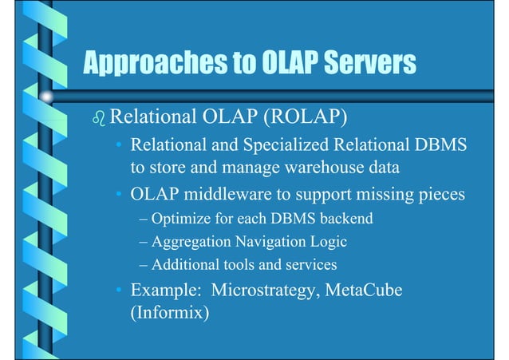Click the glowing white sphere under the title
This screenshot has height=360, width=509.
pos(47,98)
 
